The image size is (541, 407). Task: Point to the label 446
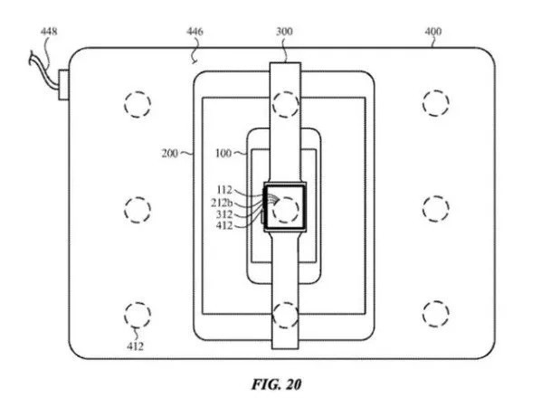point(195,33)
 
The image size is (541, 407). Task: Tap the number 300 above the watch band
point(285,33)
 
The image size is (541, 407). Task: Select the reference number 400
point(433,33)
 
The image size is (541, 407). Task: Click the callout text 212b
point(223,203)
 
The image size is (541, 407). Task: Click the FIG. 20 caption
point(276,384)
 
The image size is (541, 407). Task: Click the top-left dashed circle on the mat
point(137,102)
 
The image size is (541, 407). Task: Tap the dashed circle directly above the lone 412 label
point(137,314)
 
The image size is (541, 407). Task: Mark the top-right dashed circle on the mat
point(435,102)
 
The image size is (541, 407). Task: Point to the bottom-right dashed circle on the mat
point(435,314)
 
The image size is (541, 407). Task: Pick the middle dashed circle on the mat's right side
point(435,209)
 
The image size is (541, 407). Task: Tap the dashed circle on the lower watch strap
point(286,315)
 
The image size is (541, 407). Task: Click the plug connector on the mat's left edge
point(64,84)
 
